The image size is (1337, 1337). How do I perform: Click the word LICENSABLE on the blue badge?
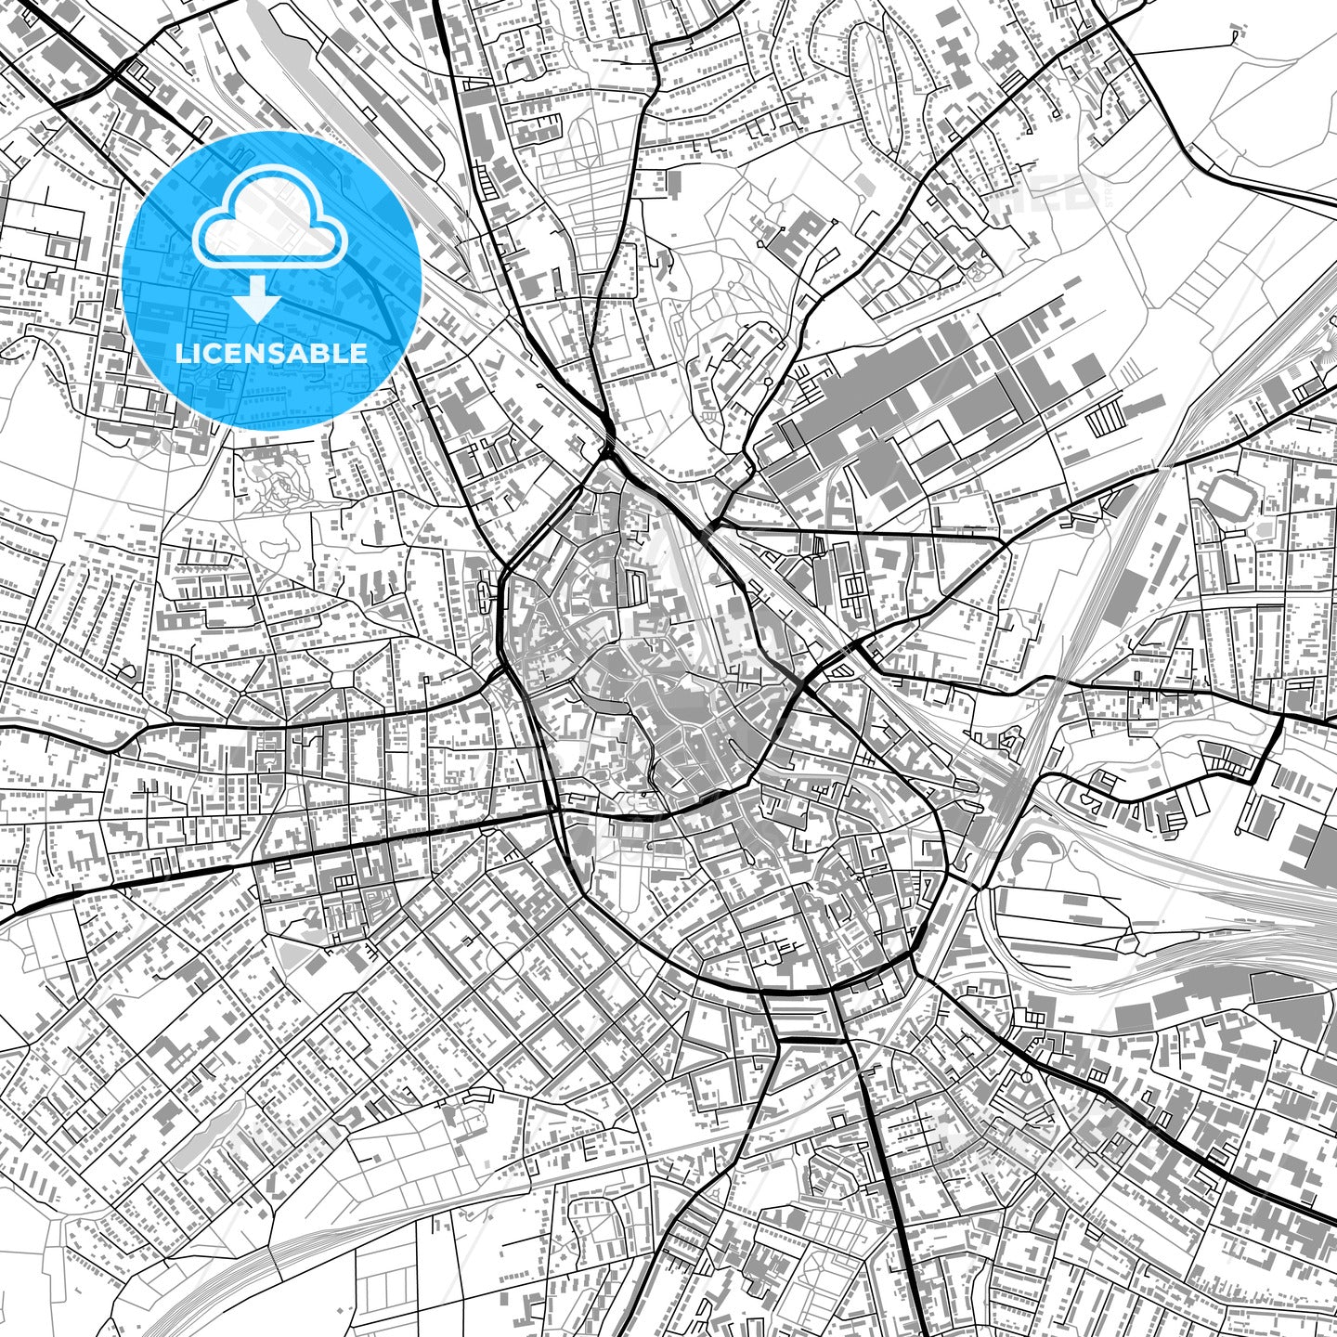pos(271,354)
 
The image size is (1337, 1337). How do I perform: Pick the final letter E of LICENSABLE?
pos(359,354)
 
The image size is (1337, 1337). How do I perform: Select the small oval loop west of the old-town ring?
pos(488,591)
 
